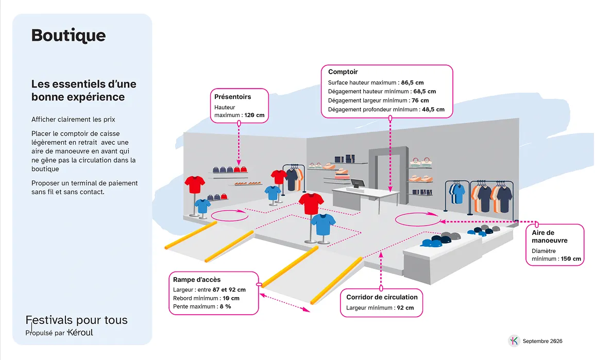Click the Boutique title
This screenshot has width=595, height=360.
tap(69, 36)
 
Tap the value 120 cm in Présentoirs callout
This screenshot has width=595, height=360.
tap(254, 115)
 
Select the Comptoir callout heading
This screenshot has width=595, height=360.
tap(343, 72)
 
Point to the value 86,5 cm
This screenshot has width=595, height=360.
tap(413, 83)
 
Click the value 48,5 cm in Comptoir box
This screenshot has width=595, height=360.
tap(433, 110)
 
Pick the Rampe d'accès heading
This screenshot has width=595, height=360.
tap(197, 280)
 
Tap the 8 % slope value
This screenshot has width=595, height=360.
tap(226, 306)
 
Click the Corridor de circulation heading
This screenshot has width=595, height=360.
tap(382, 297)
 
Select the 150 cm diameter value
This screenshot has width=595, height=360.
tap(571, 259)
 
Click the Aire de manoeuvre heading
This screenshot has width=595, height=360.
tap(550, 236)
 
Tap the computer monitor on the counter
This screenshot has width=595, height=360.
tap(358, 184)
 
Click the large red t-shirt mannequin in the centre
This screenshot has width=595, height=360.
tap(311, 204)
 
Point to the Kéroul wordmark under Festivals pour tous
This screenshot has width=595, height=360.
tap(80, 333)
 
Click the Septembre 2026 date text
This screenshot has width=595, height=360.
tap(542, 341)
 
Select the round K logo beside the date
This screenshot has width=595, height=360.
tap(514, 340)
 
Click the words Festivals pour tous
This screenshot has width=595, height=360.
tap(76, 320)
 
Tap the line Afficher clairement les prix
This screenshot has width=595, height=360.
tap(73, 119)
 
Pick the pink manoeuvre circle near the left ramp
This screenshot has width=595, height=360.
tap(230, 215)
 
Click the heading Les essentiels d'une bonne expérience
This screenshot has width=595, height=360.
tap(84, 90)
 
